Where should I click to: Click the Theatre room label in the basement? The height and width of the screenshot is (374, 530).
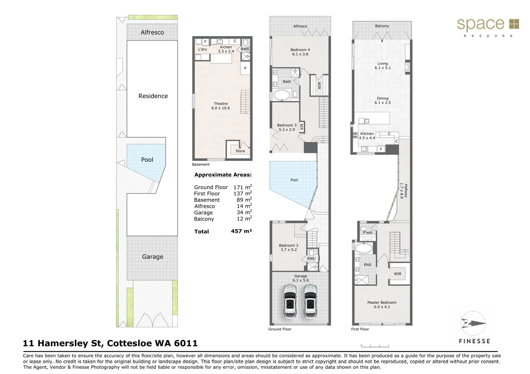(220, 104)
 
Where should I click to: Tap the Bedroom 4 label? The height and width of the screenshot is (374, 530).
(300, 50)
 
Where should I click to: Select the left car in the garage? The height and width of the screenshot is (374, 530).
(290, 301)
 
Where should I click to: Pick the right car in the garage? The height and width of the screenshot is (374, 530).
(310, 301)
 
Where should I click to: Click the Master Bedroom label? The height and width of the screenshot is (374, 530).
(382, 302)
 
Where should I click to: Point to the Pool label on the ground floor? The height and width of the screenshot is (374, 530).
(294, 180)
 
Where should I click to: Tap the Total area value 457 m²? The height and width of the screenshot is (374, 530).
(241, 231)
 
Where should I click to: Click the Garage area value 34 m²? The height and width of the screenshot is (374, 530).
(244, 212)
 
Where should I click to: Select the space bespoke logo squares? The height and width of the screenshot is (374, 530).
(514, 24)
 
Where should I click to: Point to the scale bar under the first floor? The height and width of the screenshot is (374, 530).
(375, 346)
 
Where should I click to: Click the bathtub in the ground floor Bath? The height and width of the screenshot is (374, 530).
(281, 96)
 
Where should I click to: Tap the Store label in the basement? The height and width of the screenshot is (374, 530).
(240, 151)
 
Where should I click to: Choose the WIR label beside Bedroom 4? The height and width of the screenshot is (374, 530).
(319, 86)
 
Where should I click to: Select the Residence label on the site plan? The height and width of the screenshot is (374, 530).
(153, 96)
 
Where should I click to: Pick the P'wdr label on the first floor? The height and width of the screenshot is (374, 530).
(368, 232)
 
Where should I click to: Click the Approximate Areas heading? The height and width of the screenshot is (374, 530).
(223, 175)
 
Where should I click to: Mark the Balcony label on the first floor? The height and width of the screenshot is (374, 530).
(382, 26)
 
